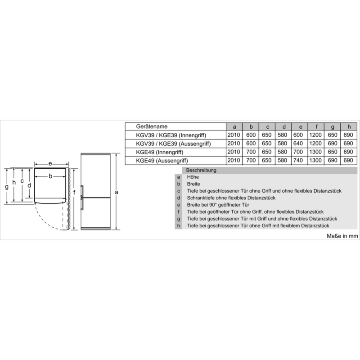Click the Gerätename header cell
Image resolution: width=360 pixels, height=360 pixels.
[152, 126]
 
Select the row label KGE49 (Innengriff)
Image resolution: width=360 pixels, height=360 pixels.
[160, 152]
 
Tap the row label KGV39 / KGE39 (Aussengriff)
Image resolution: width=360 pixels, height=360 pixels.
[173, 144]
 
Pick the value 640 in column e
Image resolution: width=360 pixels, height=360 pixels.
[298, 144]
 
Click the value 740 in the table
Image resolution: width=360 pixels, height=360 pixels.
[298, 160]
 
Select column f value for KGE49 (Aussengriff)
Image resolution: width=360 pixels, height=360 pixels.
[315, 160]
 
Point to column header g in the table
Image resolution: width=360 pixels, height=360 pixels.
[333, 127]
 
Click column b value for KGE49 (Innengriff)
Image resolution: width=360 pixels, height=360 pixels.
[251, 152]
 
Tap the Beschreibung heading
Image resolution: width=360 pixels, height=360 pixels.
[201, 171]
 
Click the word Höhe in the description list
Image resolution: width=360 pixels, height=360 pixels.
[193, 177]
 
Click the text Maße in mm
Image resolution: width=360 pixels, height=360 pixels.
[342, 236]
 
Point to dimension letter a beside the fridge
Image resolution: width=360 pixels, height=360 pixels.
[117, 192]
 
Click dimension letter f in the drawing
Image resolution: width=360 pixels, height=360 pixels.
[74, 192]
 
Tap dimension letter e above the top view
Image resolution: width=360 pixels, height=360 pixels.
[50, 164]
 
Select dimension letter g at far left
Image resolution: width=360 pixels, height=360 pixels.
[7, 187]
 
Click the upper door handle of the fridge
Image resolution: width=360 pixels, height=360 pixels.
[82, 191]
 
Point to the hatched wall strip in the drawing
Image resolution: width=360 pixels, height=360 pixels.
[69, 198]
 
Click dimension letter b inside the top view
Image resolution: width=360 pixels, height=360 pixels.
[50, 176]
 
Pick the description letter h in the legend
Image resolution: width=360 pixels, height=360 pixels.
[178, 226]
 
